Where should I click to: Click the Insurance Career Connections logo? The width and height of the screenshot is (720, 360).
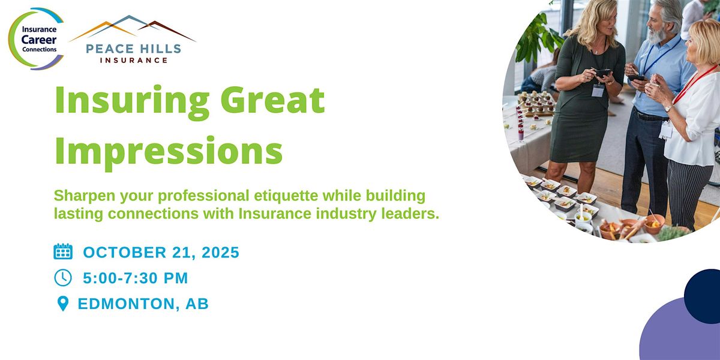point(37,39)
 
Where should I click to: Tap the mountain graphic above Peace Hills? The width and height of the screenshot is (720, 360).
point(133,28)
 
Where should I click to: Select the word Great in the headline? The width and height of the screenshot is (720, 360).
point(272,100)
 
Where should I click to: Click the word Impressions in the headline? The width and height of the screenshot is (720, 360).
point(169,151)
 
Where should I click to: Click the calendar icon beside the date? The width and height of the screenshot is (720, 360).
point(63,251)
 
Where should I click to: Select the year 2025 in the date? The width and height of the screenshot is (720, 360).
point(221,253)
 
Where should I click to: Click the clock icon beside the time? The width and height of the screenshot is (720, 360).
point(63,277)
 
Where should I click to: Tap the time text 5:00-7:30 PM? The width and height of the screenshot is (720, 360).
point(136,278)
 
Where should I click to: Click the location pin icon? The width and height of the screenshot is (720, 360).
point(62,304)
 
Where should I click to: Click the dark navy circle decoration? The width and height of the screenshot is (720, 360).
point(704,296)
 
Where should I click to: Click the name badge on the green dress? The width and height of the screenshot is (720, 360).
point(598,91)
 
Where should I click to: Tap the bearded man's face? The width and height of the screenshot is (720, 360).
point(657,26)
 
